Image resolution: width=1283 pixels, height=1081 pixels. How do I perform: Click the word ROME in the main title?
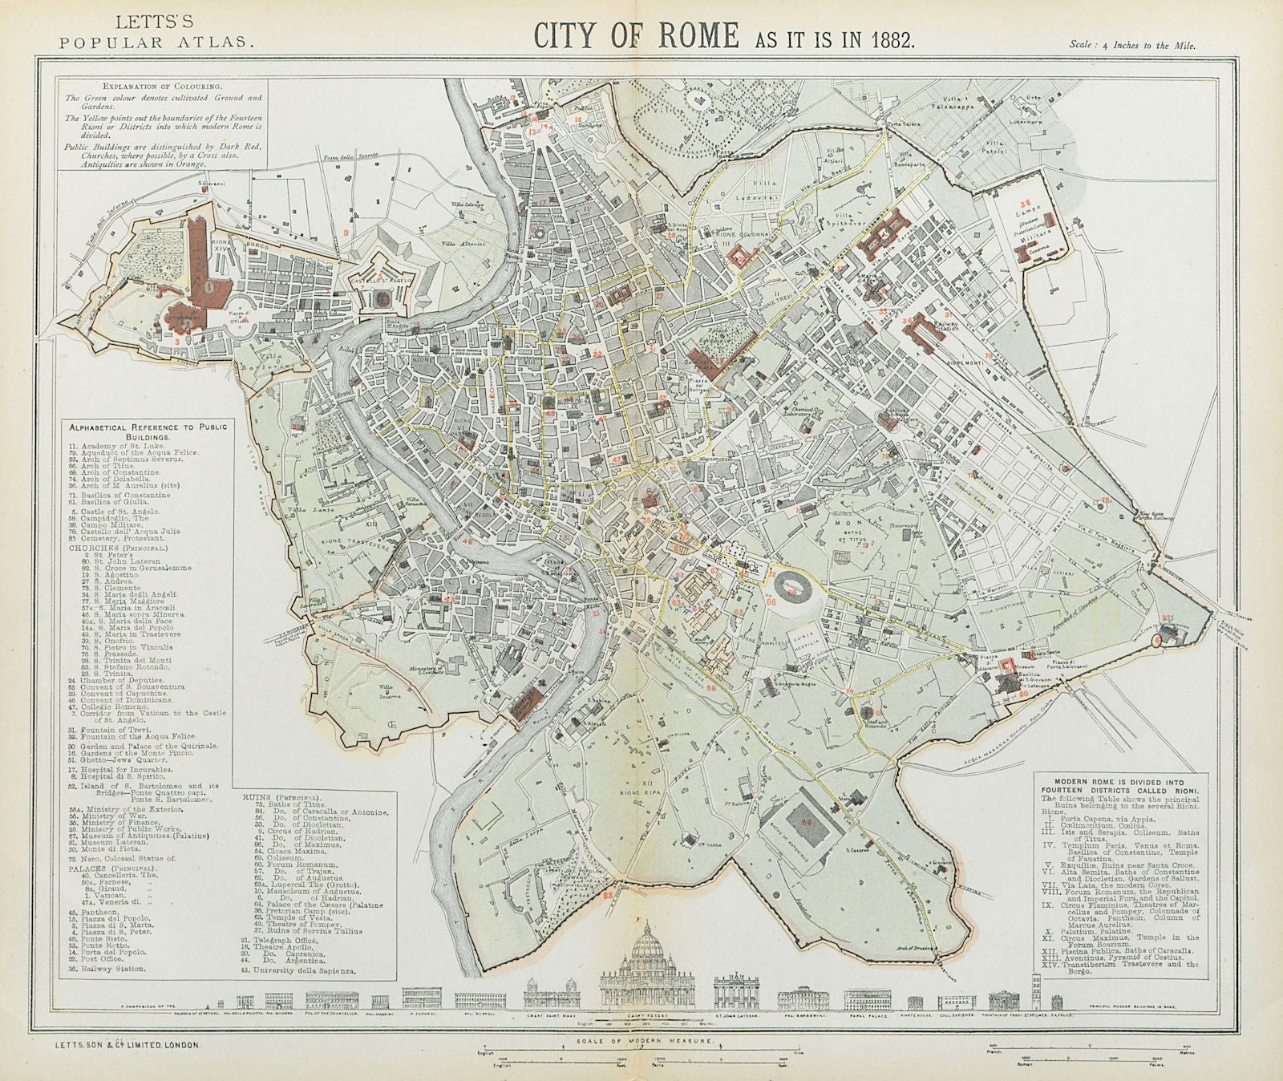click(694, 37)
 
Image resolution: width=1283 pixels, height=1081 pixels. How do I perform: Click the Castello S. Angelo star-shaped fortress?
click(383, 295)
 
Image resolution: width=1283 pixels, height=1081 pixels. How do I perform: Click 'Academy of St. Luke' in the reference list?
click(132, 445)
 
